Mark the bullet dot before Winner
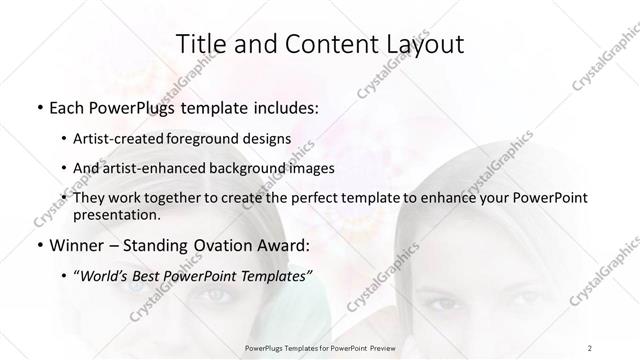click(x=38, y=245)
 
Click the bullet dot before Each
click(x=38, y=107)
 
